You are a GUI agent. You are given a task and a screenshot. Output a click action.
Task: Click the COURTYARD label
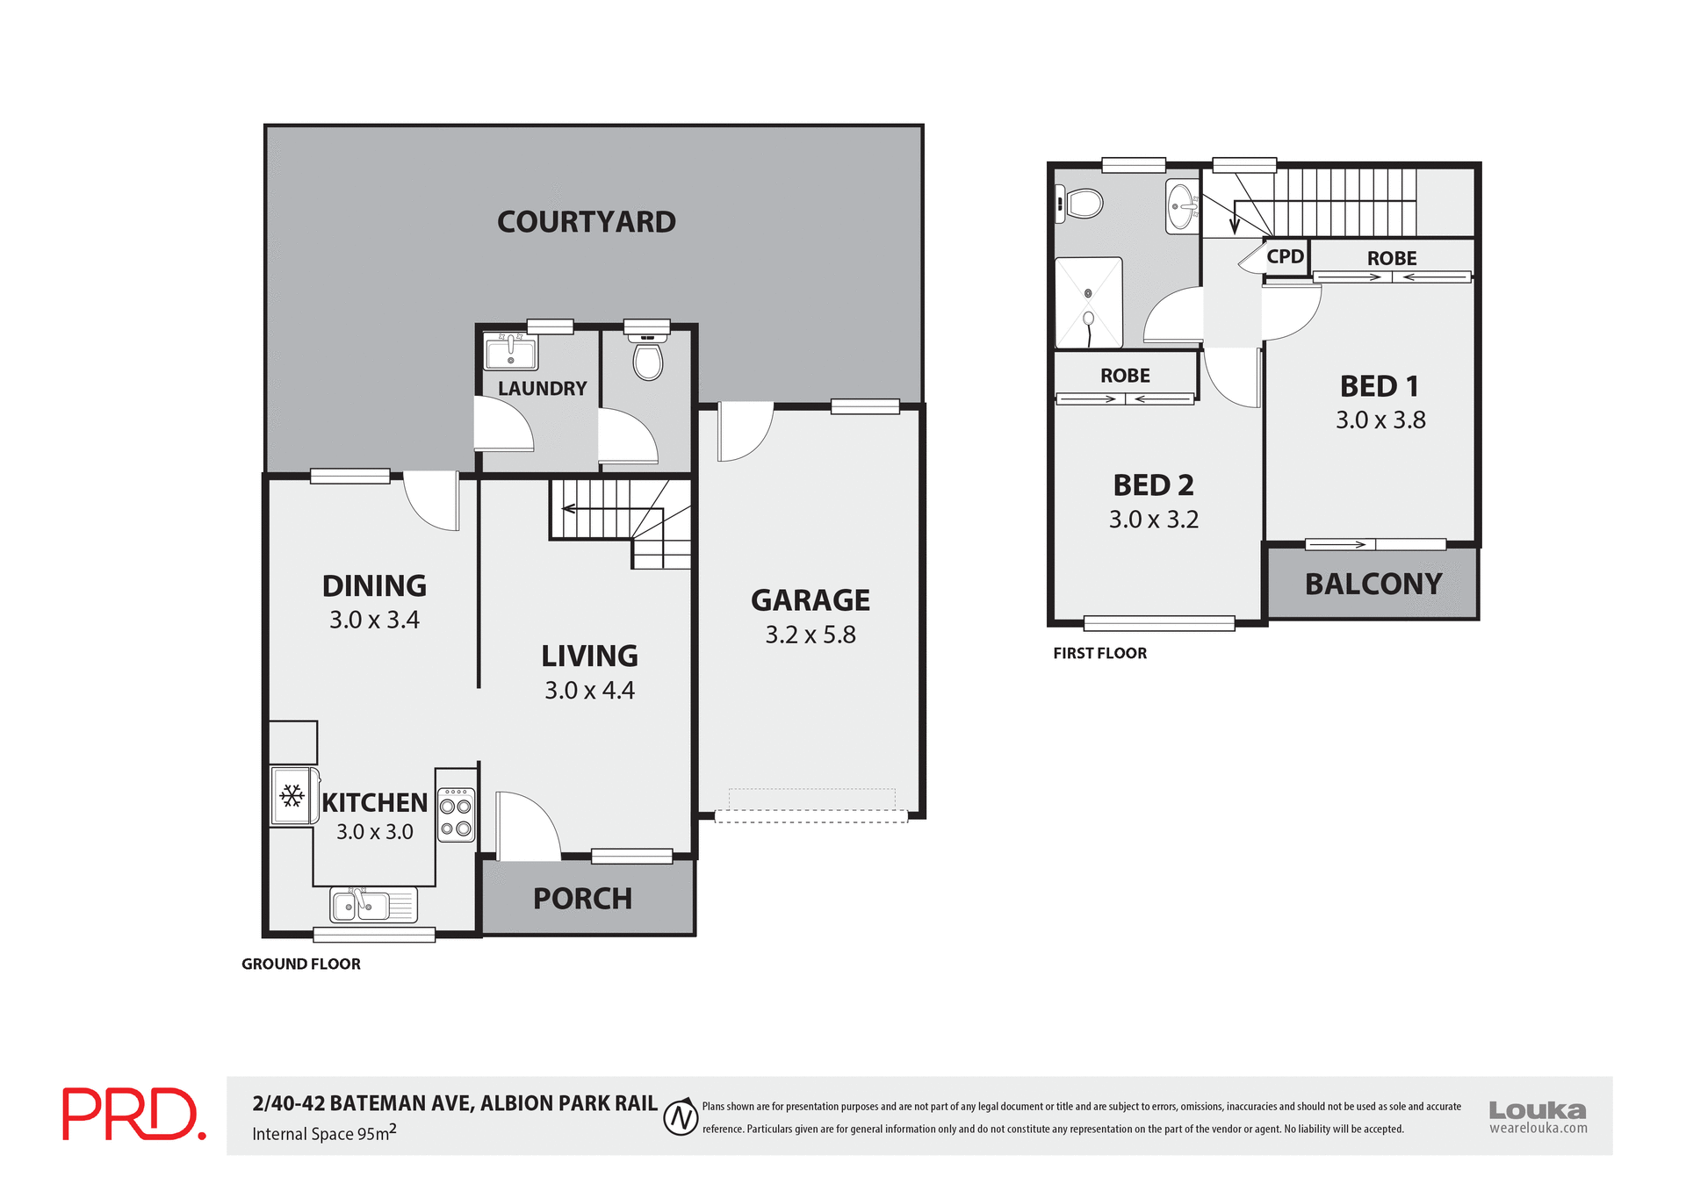point(586,222)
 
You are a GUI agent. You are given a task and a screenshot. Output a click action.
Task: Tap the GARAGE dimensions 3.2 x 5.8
point(810,635)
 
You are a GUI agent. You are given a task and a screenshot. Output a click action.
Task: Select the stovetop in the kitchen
point(456,816)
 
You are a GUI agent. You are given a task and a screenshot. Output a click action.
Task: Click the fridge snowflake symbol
point(292,796)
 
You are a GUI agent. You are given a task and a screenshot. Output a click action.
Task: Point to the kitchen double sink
point(372,905)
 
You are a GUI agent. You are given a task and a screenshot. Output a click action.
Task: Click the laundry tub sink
point(511,352)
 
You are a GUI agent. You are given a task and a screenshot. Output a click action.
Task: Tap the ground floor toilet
point(648,359)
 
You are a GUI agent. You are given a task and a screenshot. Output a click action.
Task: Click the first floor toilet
point(1081,204)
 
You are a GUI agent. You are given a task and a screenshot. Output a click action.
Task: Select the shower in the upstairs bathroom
point(1088,303)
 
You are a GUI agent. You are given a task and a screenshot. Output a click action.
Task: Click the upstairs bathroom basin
point(1182,206)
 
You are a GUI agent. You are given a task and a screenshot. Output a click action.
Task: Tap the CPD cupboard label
point(1285,256)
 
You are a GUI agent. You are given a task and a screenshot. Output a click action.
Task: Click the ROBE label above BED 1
point(1391,258)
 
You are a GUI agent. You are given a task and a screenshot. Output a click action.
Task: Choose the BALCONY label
point(1373,584)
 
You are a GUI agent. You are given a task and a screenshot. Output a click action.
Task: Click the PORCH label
point(582,899)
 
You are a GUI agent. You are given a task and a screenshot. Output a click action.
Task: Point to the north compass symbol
point(681,1117)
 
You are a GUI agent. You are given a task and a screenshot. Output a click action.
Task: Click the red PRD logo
point(133,1114)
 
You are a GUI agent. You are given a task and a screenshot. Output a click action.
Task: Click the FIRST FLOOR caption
point(1099,653)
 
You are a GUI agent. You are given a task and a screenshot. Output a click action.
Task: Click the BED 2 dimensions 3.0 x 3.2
point(1153,520)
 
